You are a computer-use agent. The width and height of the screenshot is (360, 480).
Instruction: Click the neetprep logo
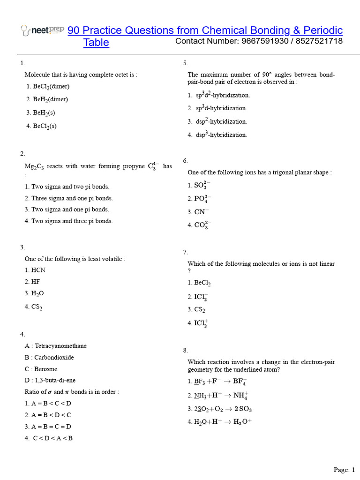tap(43, 30)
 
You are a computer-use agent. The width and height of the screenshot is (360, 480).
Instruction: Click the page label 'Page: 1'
tap(344, 469)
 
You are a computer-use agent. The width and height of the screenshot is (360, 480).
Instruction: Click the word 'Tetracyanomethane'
tap(60, 346)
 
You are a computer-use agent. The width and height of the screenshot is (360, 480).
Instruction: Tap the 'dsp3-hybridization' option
tap(217, 135)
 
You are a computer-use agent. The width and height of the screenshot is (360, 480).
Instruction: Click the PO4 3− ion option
tap(200, 198)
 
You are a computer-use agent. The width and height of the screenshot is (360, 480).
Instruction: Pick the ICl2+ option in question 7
tap(198, 323)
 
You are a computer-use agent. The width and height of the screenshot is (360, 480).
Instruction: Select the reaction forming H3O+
tap(220, 421)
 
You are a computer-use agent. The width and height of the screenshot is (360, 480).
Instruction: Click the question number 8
tap(186, 350)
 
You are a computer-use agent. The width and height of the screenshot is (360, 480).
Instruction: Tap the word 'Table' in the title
tap(96, 43)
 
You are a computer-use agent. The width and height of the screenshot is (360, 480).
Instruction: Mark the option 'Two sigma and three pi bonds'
tap(69, 221)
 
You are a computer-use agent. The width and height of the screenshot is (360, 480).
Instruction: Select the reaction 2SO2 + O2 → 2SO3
tap(220, 409)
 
